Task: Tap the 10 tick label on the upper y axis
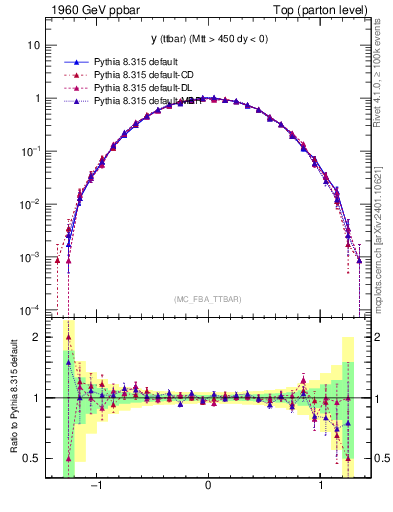(x=34, y=46)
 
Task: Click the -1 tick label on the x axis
(x=97, y=487)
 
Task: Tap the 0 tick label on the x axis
(x=207, y=487)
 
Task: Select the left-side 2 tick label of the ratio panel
(x=37, y=337)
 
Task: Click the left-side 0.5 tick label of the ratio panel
(x=32, y=459)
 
